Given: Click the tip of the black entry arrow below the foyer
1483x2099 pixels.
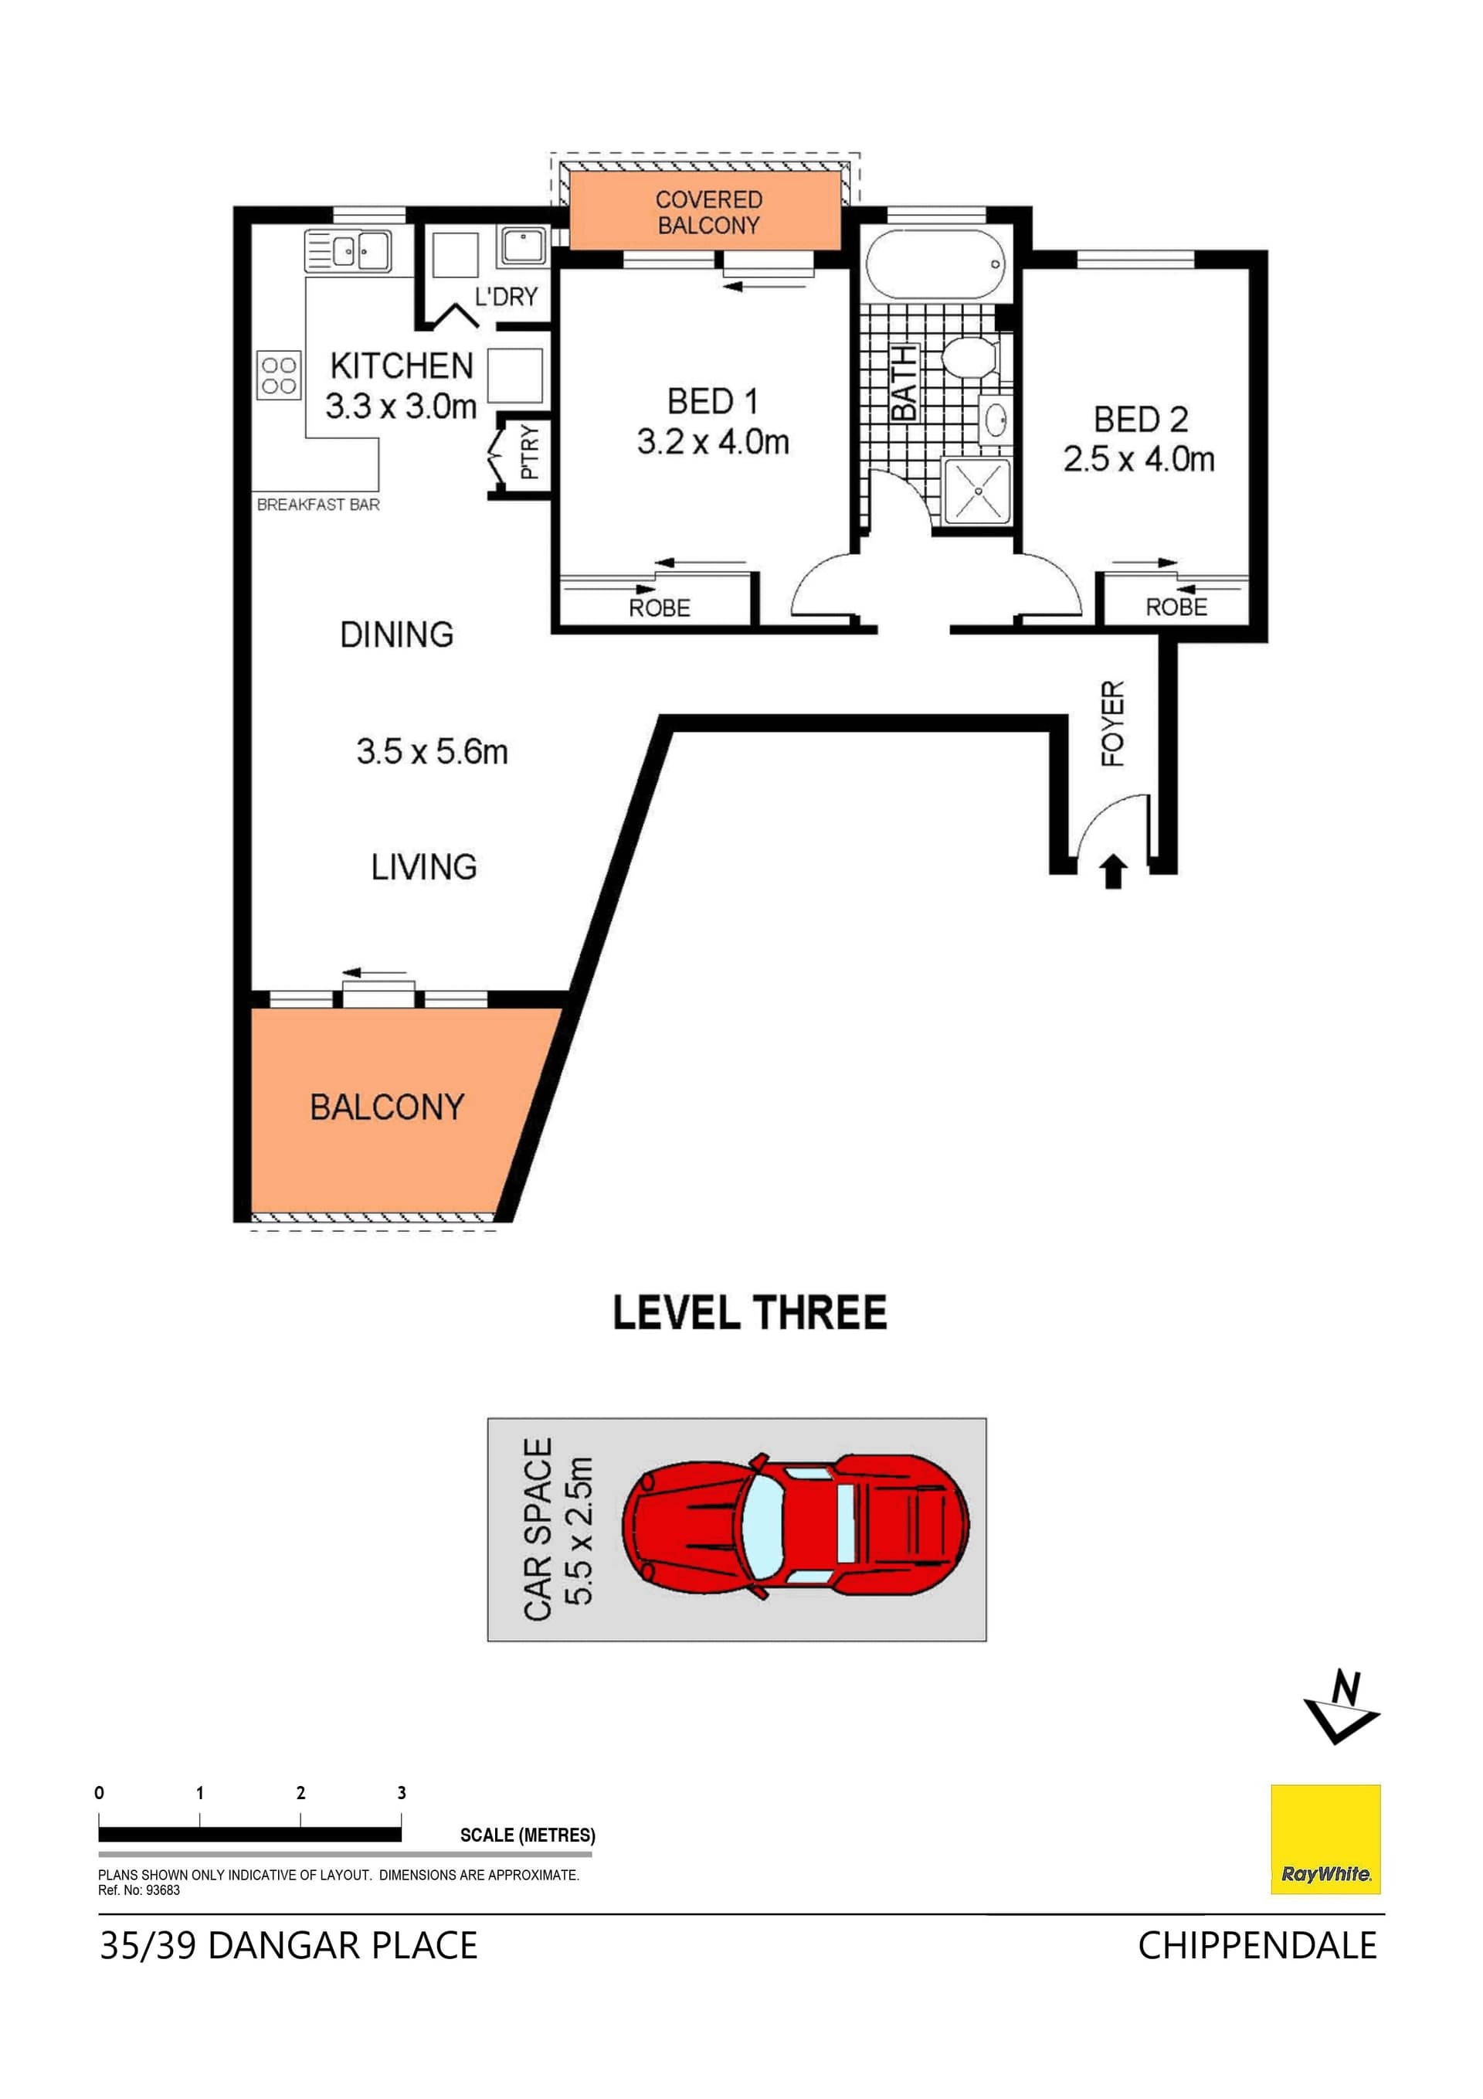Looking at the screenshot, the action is point(1112,854).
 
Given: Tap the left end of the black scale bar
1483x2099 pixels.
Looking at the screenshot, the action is point(99,1834).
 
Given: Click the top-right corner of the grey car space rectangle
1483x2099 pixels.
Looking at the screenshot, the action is point(986,1419).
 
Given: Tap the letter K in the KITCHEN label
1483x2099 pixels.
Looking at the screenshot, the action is point(340,366).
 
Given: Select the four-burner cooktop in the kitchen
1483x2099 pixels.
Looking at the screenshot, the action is point(279,376).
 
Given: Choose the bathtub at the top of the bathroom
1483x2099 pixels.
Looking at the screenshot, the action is point(935,265).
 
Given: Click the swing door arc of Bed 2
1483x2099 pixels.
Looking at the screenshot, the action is point(1050,585).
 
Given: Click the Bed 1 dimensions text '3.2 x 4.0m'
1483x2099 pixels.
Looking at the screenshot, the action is point(713,443).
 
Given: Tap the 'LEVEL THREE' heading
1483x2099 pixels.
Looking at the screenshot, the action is point(749,1313).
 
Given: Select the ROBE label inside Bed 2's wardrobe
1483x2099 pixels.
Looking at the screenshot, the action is point(1176,607).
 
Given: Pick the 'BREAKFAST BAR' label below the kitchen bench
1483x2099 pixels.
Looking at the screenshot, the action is point(318,505).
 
